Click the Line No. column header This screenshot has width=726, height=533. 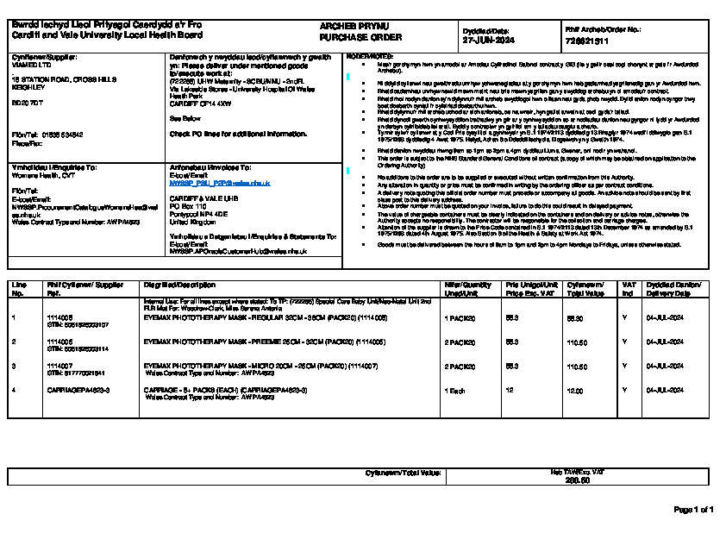click(x=20, y=288)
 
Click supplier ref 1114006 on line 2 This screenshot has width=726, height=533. click(x=59, y=342)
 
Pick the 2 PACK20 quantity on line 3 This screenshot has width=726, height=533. click(x=460, y=367)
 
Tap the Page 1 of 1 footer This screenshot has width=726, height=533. click(x=692, y=510)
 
